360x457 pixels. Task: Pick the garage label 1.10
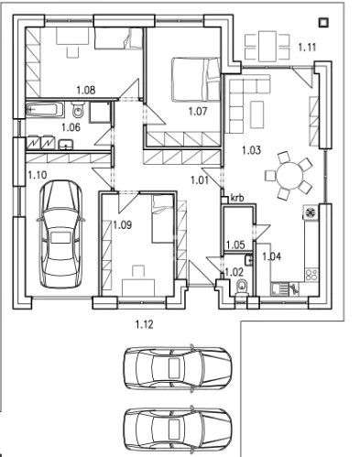tap(38, 173)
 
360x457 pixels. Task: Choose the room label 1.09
tap(122, 223)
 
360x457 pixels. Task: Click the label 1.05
tap(235, 245)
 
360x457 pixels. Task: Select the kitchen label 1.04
tap(271, 256)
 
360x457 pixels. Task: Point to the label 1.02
tap(235, 271)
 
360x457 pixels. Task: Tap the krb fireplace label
tap(237, 197)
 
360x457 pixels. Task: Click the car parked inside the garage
tap(60, 234)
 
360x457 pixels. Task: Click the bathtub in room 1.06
tap(45, 110)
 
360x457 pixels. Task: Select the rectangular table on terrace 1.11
tap(267, 42)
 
